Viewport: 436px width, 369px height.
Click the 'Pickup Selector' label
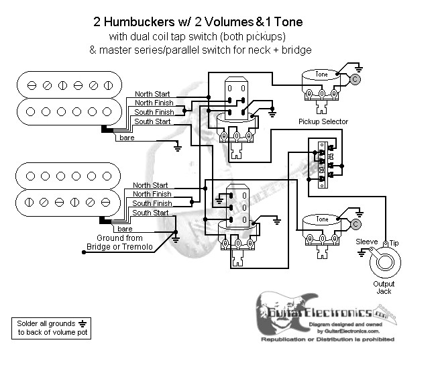tap(323, 121)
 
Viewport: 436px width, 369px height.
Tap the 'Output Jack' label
tap(384, 287)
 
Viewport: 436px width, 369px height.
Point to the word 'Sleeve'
tap(367, 242)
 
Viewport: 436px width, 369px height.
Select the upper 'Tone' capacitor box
tap(322, 74)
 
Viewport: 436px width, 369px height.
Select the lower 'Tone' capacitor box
tap(322, 219)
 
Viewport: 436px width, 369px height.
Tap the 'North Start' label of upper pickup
tap(152, 93)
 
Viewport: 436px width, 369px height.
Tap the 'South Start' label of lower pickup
tap(150, 213)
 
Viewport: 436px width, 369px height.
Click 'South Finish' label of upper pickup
tap(153, 112)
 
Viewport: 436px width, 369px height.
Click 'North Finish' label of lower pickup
tap(152, 194)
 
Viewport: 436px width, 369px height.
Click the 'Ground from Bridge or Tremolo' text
tap(119, 243)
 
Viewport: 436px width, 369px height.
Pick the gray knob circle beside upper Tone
tap(355, 78)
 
